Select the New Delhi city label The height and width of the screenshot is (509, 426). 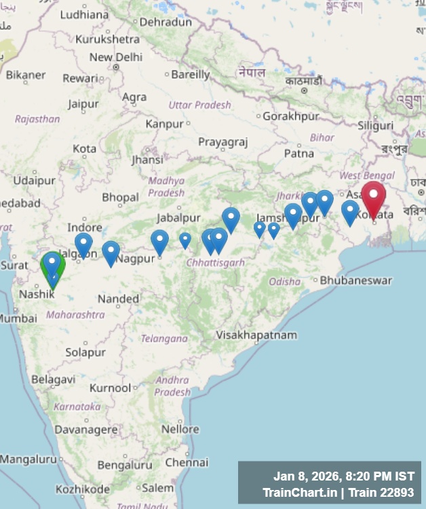(116, 58)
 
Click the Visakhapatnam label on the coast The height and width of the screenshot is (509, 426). (256, 335)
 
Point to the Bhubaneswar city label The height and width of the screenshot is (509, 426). (355, 280)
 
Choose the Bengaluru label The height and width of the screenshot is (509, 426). (125, 465)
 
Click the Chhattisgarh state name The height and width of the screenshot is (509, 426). (215, 263)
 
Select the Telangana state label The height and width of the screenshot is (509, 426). (164, 338)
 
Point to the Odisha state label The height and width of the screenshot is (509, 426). (284, 281)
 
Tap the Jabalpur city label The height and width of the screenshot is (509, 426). (178, 218)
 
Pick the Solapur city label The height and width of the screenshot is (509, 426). (85, 352)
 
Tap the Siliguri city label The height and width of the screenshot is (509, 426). (376, 126)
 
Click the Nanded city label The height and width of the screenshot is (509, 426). (118, 299)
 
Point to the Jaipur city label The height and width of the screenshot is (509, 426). (83, 105)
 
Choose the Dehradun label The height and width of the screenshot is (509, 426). (166, 22)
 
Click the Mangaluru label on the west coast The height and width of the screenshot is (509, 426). (28, 459)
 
